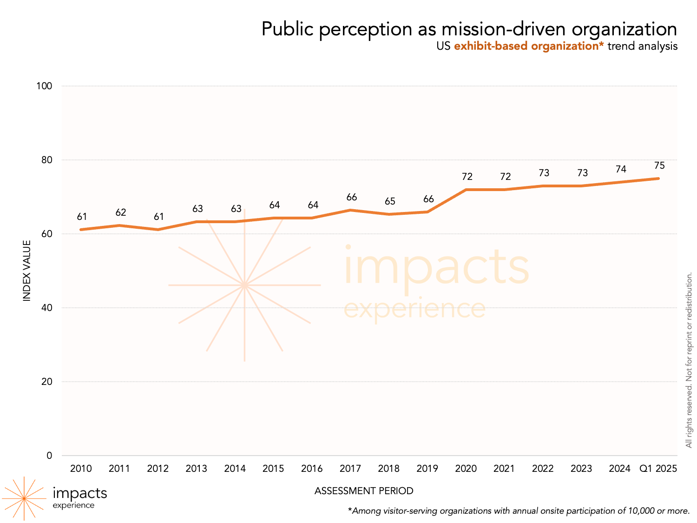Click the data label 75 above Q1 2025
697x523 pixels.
coord(659,166)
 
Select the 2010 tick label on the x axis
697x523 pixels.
coord(81,469)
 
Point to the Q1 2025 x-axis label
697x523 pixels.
coord(658,469)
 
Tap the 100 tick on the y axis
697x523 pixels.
coord(44,86)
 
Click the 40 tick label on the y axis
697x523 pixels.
coord(46,308)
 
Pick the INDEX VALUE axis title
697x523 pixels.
coord(27,271)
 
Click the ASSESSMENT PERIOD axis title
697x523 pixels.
coord(364,491)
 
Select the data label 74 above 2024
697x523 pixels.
coord(621,169)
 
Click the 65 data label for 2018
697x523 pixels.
coord(390,201)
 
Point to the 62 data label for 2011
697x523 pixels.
coord(121,212)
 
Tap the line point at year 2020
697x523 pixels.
coord(466,190)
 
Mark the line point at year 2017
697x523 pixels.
coord(351,210)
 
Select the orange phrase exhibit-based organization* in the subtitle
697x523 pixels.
coord(529,46)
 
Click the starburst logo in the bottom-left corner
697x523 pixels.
coord(24,498)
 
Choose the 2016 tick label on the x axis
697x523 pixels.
coord(312,469)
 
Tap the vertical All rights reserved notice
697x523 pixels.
coord(689,360)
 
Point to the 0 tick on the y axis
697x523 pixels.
coord(49,456)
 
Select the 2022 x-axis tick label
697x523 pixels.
coord(543,469)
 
